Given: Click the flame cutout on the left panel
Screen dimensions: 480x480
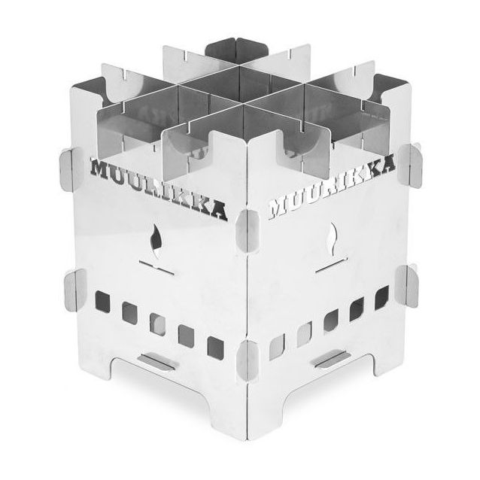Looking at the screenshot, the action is coord(156,240).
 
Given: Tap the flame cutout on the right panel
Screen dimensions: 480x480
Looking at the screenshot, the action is coord(333,239).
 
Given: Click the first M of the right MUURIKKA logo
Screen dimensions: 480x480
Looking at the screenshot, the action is coord(278,209).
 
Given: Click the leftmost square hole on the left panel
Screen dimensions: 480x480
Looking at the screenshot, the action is coord(102,301).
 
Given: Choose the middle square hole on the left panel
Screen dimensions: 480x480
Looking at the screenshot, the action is coord(158,324).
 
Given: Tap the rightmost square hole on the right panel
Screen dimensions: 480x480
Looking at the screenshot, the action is coord(381,298).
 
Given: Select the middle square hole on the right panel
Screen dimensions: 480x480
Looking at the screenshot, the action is coord(330,321).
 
